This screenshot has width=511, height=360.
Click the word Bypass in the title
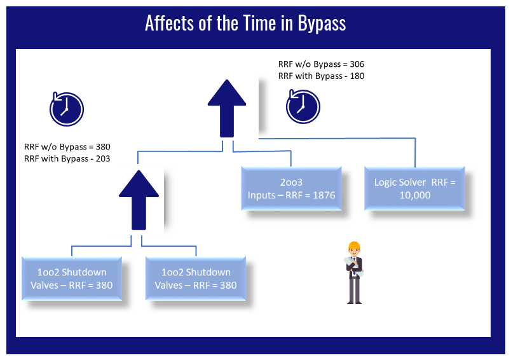pyautogui.click(x=322, y=24)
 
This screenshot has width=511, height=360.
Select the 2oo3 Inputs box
pyautogui.click(x=291, y=188)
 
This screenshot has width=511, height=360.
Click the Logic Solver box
pyautogui.click(x=414, y=188)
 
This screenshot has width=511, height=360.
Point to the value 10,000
pyautogui.click(x=415, y=195)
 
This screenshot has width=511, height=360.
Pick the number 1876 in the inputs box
pyautogui.click(x=324, y=195)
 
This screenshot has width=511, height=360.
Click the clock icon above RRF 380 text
pyautogui.click(x=67, y=109)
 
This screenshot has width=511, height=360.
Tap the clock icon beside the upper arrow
pyautogui.click(x=303, y=107)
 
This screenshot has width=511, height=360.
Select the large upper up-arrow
pyautogui.click(x=227, y=108)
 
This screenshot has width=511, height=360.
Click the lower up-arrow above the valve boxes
pyautogui.click(x=139, y=200)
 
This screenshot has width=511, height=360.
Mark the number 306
pyautogui.click(x=357, y=64)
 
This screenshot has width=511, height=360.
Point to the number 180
pyautogui.click(x=357, y=76)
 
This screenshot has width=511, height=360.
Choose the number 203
pyautogui.click(x=103, y=159)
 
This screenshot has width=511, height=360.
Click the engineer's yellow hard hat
pyautogui.click(x=354, y=246)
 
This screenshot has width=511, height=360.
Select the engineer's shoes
pyautogui.click(x=354, y=302)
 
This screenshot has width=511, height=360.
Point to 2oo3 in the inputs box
pyautogui.click(x=291, y=182)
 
